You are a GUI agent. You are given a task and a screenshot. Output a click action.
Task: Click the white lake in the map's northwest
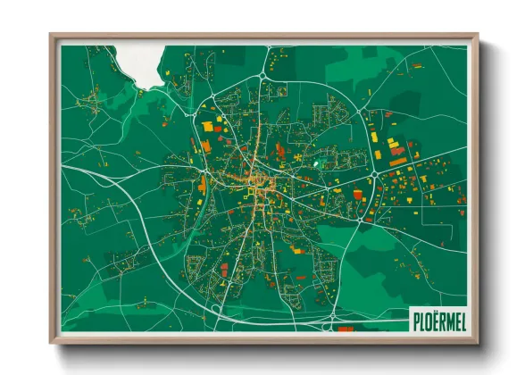coord(143,64)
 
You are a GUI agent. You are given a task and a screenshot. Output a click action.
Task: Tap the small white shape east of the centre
coord(315,164)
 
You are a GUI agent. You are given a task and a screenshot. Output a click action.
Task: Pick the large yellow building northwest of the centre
coord(208,126)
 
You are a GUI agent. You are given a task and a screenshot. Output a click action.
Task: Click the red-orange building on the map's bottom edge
coord(346,329)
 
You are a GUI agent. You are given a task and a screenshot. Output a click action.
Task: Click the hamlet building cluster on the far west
coord(89,98)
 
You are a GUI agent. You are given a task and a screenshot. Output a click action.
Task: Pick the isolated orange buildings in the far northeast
coord(416,66)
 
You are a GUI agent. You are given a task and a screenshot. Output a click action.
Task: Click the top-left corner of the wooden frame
coord(52,37)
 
